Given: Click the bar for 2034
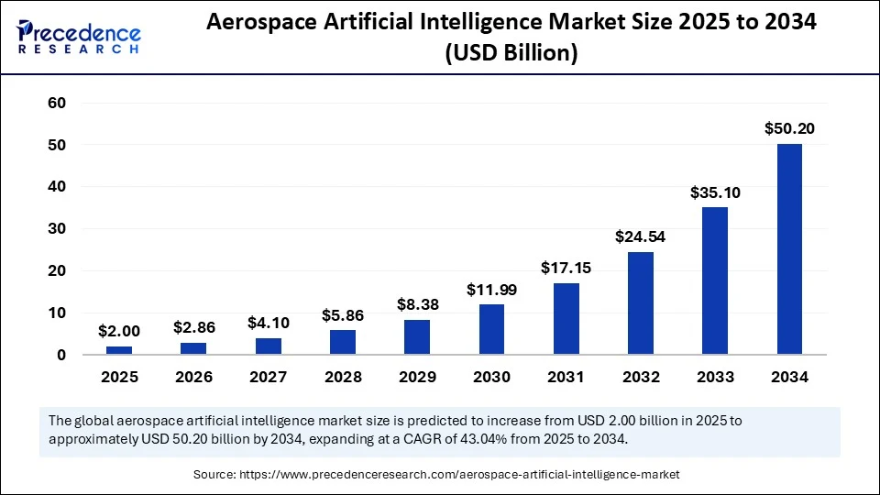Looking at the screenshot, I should click(789, 248).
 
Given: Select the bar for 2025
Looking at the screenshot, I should click(119, 349).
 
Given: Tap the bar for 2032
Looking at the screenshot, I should click(640, 302).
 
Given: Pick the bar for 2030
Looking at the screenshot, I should click(491, 329).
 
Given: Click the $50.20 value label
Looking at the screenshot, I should click(789, 129).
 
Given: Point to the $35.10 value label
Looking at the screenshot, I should click(715, 192).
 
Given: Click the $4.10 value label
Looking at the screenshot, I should click(268, 323).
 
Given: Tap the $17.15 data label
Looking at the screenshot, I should click(566, 269).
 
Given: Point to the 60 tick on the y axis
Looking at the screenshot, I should click(57, 103).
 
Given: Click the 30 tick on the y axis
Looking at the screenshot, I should click(57, 229).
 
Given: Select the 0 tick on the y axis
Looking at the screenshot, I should click(61, 355).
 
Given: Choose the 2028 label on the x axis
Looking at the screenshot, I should click(342, 377).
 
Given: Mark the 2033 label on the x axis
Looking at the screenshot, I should click(715, 377).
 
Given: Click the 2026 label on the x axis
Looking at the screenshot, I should click(193, 377).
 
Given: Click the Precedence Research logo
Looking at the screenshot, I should click(78, 35).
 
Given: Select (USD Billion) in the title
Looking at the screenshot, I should click(511, 55).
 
